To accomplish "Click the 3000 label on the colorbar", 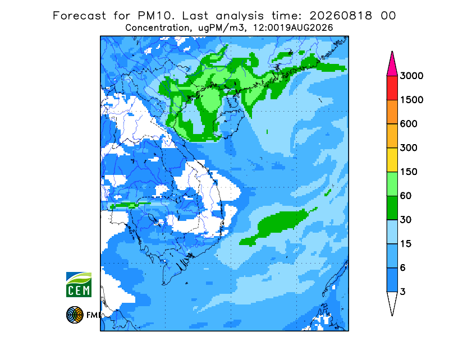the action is (x=411, y=76).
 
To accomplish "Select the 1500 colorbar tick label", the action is (x=411, y=100).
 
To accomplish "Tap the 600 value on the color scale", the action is (x=409, y=124).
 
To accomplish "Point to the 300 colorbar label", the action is (x=409, y=148).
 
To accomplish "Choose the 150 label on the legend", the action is (x=409, y=172).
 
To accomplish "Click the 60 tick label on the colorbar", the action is (x=406, y=196).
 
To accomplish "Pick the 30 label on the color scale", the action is (x=406, y=220).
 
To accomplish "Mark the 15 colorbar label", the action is (x=406, y=244).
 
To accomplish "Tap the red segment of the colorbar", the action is (x=392, y=88).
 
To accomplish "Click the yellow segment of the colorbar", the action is (x=392, y=160).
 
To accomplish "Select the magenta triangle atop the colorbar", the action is (x=392, y=64).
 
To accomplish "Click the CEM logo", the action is (x=79, y=284).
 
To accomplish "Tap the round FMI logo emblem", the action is (x=75, y=315).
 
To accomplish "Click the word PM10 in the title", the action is (x=156, y=16).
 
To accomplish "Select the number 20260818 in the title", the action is (x=341, y=16).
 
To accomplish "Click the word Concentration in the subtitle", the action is (x=157, y=28).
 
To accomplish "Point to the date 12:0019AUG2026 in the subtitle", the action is (x=293, y=28).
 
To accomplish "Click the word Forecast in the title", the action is (x=79, y=16).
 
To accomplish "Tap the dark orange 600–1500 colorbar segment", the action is (x=392, y=112).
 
